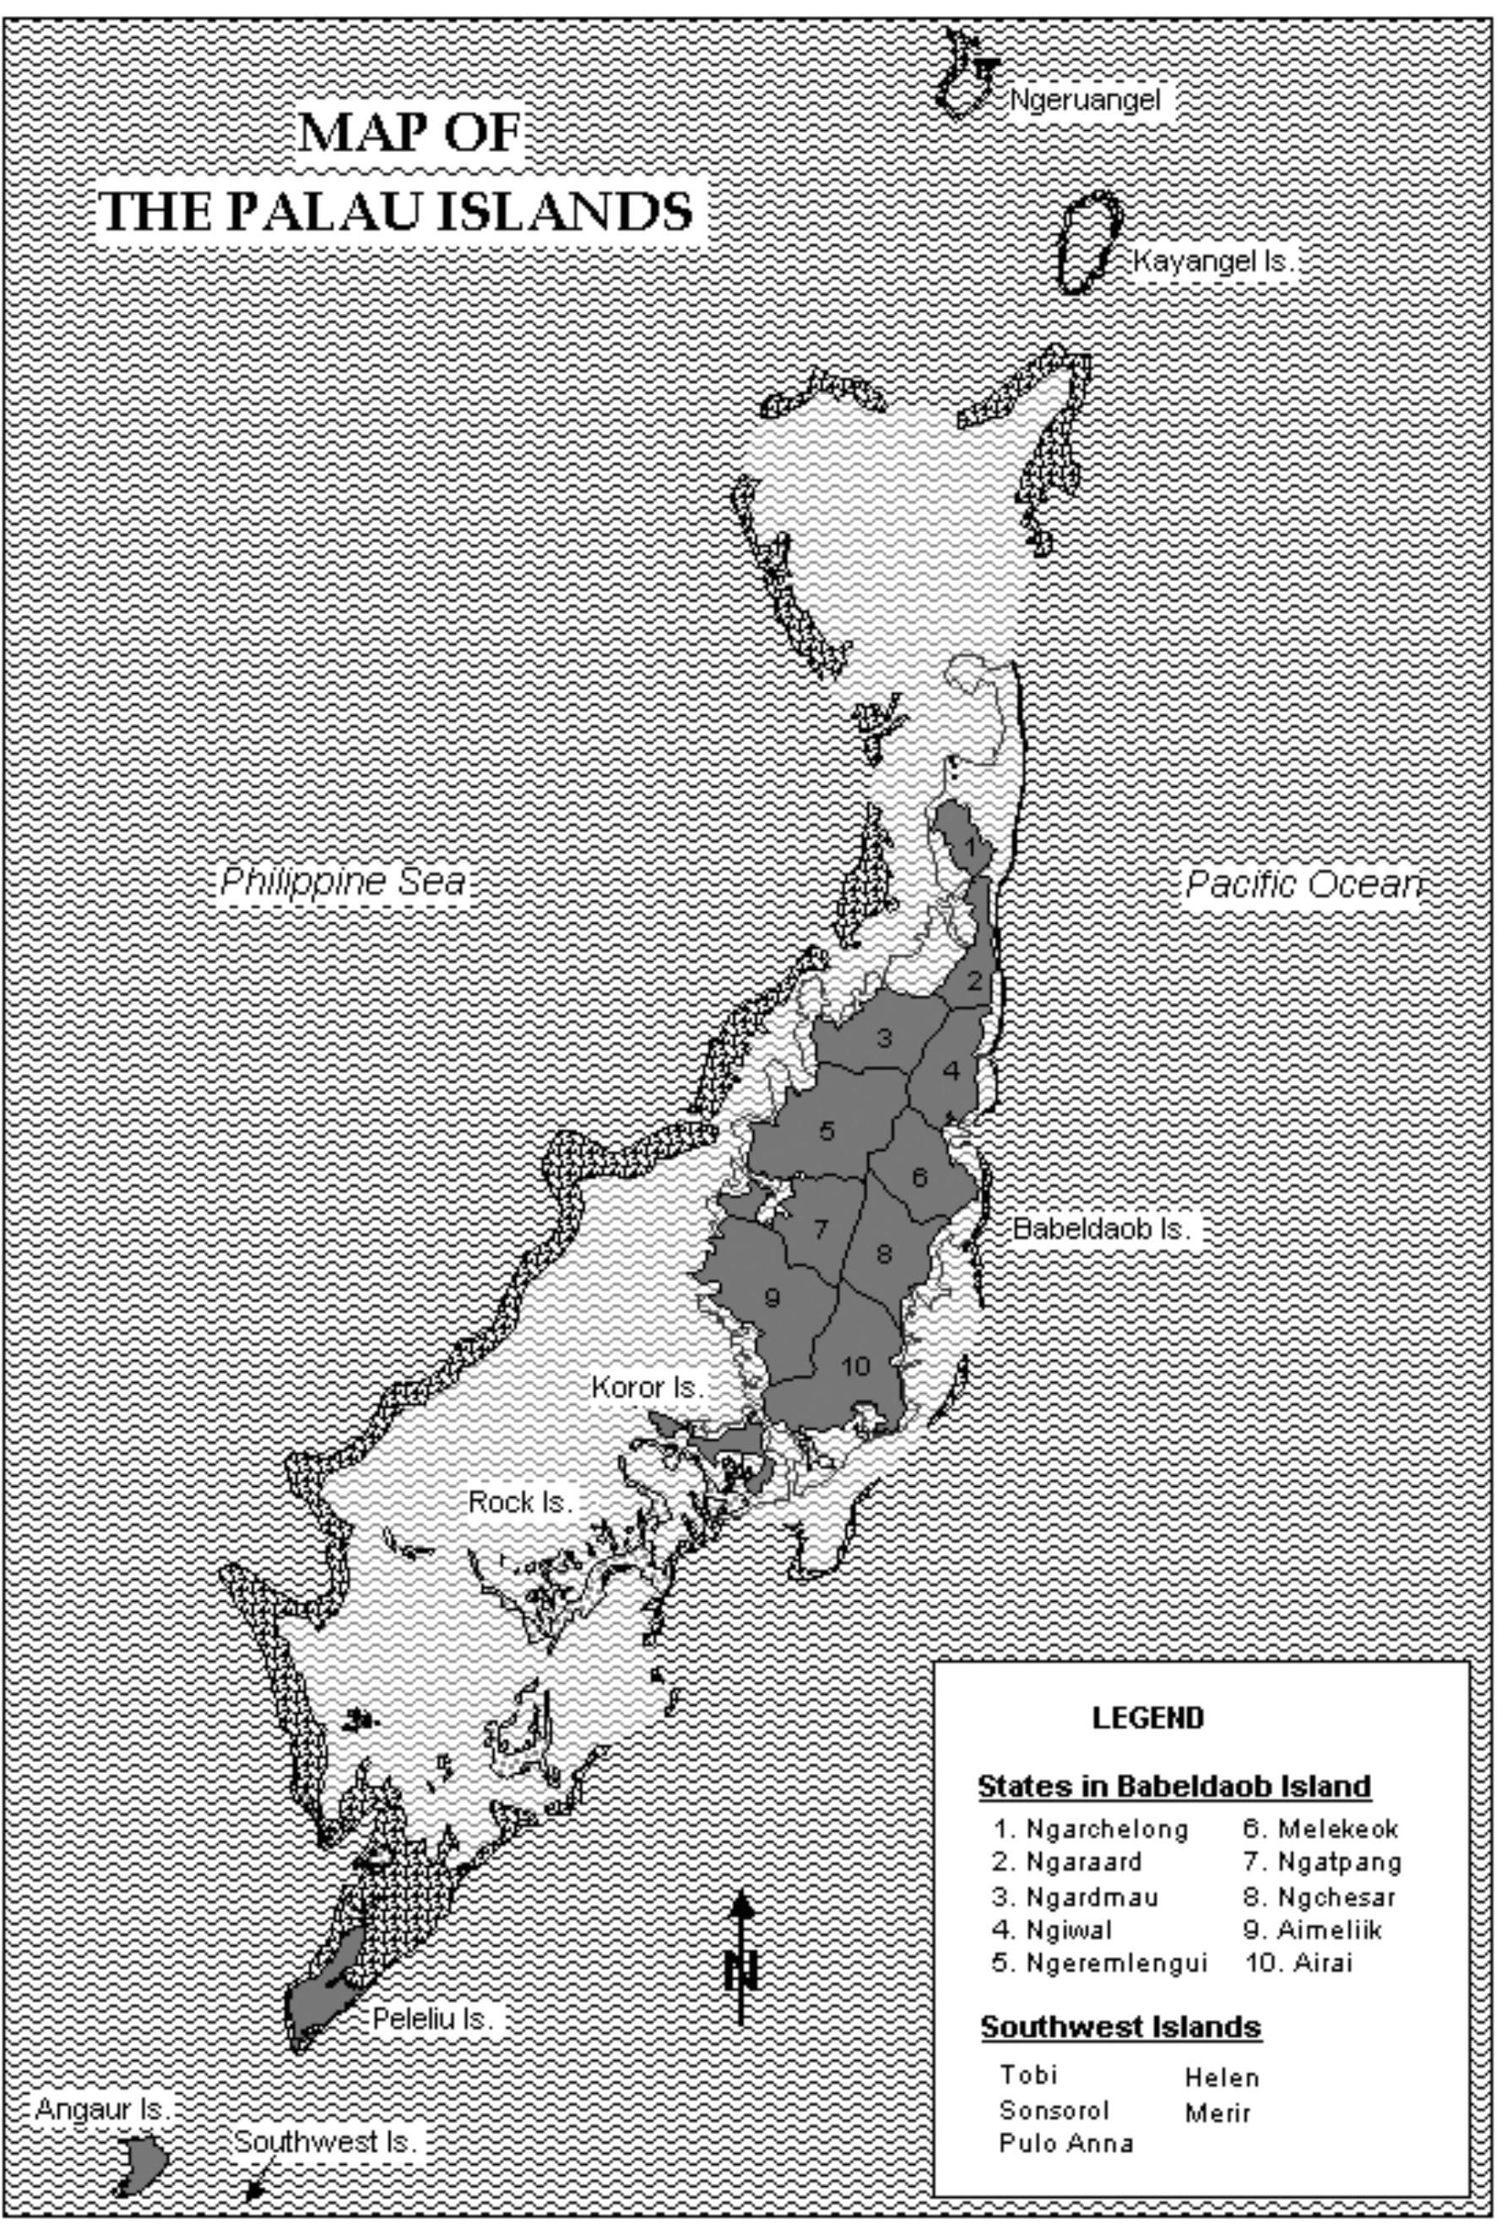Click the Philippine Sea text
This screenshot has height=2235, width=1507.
click(x=343, y=882)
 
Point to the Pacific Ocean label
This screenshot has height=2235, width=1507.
click(x=1300, y=883)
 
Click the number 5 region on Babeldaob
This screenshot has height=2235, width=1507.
click(x=827, y=1131)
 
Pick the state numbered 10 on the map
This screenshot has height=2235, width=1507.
click(x=854, y=1366)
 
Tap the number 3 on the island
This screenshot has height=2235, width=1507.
click(x=883, y=1039)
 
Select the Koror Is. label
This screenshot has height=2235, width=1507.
click(x=648, y=1387)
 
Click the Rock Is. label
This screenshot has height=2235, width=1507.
click(x=520, y=1502)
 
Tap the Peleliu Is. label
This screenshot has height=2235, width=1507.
click(x=432, y=2019)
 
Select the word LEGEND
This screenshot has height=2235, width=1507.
click(x=1147, y=1717)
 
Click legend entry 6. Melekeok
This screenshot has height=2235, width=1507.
click(x=1321, y=1828)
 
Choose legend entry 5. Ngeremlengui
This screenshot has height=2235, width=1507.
click(x=1099, y=1962)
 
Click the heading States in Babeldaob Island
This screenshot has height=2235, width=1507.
click(x=1174, y=1786)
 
